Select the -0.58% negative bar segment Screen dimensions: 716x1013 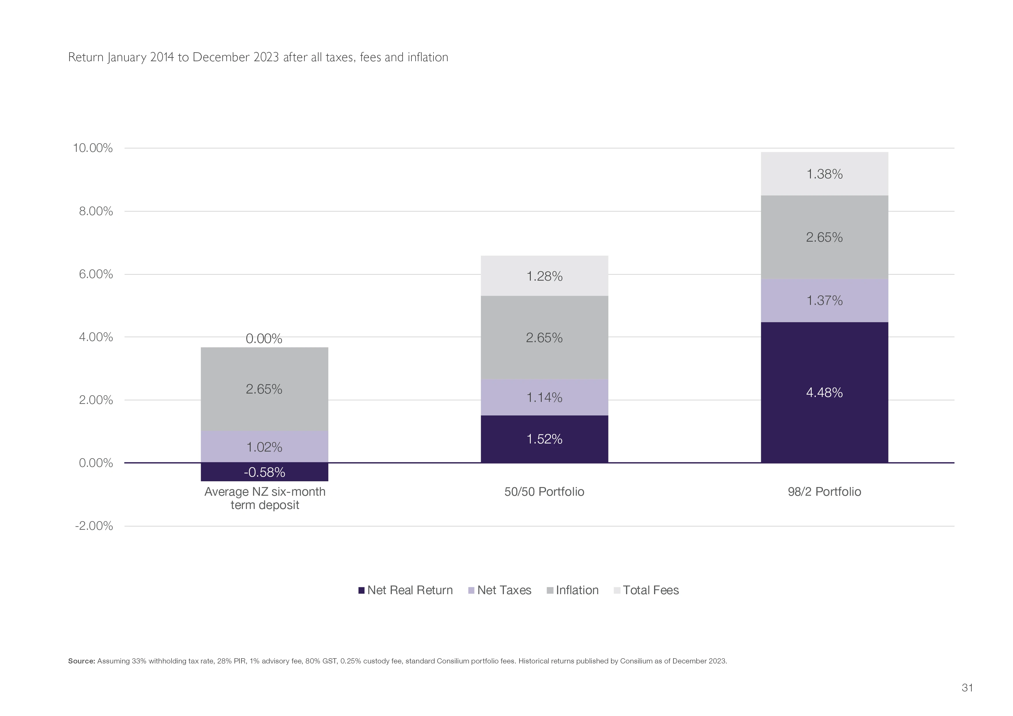click(x=264, y=472)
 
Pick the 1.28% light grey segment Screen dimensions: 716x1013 click(x=544, y=276)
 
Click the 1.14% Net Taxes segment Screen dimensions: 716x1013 click(x=544, y=398)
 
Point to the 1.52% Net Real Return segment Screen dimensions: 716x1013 click(x=544, y=439)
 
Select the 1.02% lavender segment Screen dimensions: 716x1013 click(x=264, y=447)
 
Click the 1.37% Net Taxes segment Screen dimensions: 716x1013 click(x=824, y=301)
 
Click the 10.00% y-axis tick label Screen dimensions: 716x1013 click(x=93, y=148)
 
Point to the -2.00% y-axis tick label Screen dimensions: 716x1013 click(x=94, y=526)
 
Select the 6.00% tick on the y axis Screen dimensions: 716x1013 click(x=96, y=274)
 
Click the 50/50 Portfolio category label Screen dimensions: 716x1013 click(x=544, y=491)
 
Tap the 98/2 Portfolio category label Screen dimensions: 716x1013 click(x=824, y=491)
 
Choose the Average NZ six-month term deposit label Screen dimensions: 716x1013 click(x=265, y=498)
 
